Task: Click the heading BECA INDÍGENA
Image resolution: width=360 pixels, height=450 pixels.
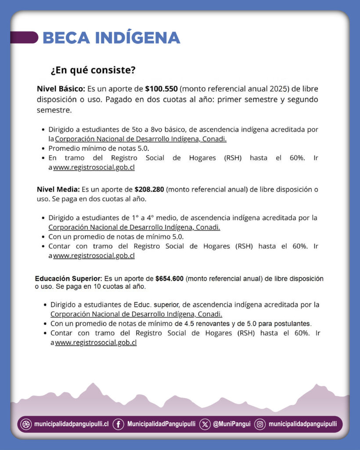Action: (x=111, y=38)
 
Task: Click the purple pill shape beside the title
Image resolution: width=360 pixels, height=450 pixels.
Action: (x=24, y=37)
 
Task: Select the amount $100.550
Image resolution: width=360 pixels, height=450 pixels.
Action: (x=161, y=88)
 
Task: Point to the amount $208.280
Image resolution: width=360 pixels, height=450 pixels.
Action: (x=149, y=190)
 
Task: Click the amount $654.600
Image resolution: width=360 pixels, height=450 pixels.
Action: (x=169, y=279)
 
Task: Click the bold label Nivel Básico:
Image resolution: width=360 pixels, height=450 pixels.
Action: (x=61, y=88)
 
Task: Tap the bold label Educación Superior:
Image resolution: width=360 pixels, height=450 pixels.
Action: (x=68, y=279)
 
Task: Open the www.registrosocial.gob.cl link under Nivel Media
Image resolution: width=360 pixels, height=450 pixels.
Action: (x=94, y=256)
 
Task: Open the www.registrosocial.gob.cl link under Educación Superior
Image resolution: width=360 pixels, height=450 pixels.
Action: (x=96, y=343)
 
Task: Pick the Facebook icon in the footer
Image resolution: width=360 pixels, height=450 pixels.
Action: (x=118, y=424)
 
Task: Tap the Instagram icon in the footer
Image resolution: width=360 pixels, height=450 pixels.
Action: (x=260, y=424)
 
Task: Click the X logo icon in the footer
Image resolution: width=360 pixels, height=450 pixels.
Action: (x=205, y=424)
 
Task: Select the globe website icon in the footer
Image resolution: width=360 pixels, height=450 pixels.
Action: (x=26, y=424)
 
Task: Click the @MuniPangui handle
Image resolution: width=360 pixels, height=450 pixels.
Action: (x=232, y=424)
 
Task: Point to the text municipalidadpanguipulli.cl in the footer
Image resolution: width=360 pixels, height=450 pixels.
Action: (x=72, y=424)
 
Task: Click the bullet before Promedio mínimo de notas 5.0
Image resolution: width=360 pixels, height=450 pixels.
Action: (x=43, y=149)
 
